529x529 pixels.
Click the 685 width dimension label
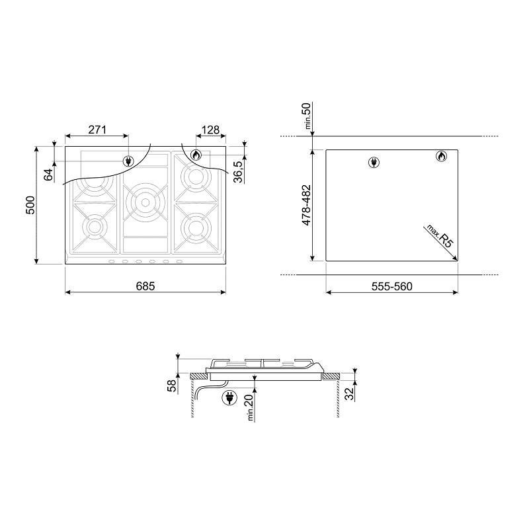(x=145, y=286)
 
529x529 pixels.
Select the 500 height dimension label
(x=30, y=205)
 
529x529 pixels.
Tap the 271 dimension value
(x=97, y=130)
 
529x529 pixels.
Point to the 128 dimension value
(x=210, y=130)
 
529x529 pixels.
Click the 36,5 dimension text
(x=239, y=172)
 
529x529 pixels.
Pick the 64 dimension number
(x=48, y=175)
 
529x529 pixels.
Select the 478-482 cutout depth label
(x=306, y=205)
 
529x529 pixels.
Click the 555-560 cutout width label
(x=392, y=286)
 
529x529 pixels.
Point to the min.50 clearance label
(x=307, y=116)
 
